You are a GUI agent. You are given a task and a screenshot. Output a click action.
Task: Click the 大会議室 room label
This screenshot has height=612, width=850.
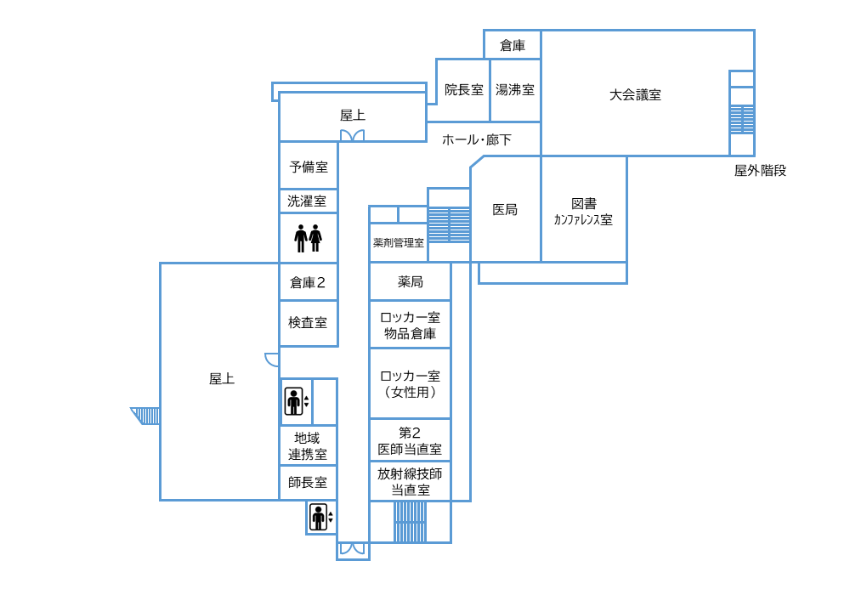(635, 95)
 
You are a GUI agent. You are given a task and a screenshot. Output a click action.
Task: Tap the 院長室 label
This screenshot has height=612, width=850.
(463, 89)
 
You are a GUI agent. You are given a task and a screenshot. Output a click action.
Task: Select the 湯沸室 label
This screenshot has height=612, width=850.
(515, 89)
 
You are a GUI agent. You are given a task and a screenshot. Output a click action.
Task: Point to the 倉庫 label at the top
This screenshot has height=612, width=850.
(512, 46)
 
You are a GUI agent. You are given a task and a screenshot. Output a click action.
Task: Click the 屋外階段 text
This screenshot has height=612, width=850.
(760, 170)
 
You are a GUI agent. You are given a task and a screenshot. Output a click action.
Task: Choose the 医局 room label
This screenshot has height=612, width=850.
(505, 209)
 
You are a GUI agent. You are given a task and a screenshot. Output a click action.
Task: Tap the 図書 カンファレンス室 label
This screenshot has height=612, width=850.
(583, 211)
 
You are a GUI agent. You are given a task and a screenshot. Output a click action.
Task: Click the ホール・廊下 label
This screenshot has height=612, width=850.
(477, 139)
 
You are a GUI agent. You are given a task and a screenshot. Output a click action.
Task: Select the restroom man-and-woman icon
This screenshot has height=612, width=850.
(308, 238)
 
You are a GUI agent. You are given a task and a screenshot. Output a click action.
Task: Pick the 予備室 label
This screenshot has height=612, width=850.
(309, 167)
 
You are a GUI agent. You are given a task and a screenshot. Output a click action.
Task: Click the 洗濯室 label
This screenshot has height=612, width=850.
(307, 201)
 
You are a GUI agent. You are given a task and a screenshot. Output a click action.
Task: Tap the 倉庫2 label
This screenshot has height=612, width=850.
(308, 282)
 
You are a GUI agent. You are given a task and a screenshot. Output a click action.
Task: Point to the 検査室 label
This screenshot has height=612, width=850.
(308, 323)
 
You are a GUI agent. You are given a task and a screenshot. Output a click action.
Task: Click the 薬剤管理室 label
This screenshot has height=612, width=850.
(398, 243)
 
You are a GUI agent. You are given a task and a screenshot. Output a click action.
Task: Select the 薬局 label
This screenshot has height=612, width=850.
(410, 281)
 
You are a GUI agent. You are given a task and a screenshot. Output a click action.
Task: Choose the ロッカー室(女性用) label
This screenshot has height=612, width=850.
(410, 383)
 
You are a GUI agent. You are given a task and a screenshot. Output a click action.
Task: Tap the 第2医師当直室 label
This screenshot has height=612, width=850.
(410, 440)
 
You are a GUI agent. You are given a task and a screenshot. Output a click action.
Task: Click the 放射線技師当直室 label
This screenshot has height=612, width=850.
(410, 481)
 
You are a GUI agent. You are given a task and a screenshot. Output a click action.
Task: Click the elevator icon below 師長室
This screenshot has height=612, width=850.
(319, 517)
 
